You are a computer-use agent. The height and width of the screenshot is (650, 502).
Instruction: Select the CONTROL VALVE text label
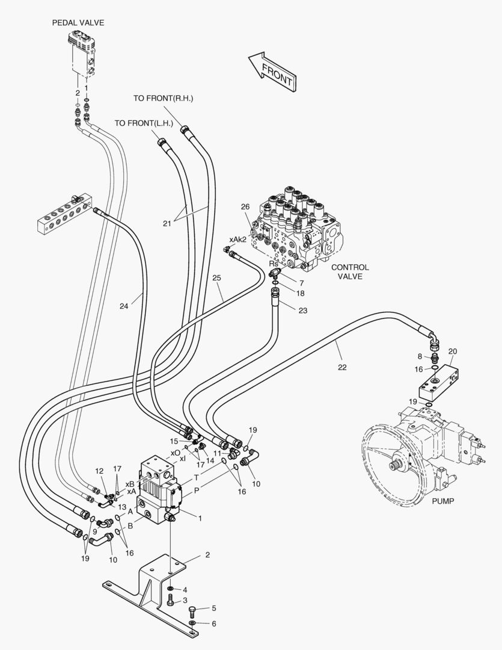[x=350, y=272]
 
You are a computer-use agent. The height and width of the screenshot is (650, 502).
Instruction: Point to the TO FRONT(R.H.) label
[x=164, y=98]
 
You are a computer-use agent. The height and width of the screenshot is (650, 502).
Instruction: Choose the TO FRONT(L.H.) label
[x=144, y=123]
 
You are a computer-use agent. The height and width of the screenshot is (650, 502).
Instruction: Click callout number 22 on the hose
[x=342, y=367]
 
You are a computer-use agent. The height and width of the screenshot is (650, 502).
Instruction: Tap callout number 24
[x=124, y=306]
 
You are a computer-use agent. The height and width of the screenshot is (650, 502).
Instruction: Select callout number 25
[x=216, y=278]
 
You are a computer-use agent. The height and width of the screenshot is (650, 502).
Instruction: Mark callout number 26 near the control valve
[x=245, y=207]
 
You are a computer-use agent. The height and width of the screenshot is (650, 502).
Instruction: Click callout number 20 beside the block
[x=453, y=351]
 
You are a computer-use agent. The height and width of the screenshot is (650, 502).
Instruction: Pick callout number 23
[x=302, y=311]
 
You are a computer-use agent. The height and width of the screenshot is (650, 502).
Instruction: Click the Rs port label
[x=274, y=264]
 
